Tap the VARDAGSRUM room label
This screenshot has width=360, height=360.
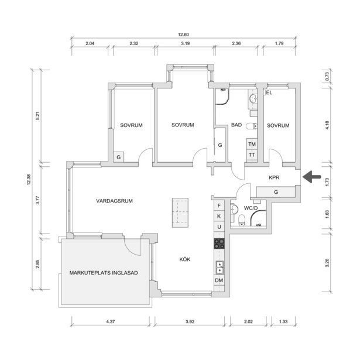115,201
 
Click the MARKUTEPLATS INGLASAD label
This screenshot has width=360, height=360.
104,272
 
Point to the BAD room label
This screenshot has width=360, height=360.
236,125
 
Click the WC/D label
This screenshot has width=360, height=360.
251,207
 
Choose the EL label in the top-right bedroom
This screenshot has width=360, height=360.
269,92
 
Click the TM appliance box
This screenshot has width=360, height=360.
252,144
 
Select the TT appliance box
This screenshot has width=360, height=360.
252,155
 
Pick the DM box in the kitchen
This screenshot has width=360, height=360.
220,282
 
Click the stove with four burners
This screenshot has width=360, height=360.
220,243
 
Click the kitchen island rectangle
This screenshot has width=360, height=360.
180,212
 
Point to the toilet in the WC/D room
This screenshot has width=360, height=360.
242,219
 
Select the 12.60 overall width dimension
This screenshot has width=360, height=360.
183,33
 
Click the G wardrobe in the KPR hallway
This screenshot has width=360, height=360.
275,191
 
